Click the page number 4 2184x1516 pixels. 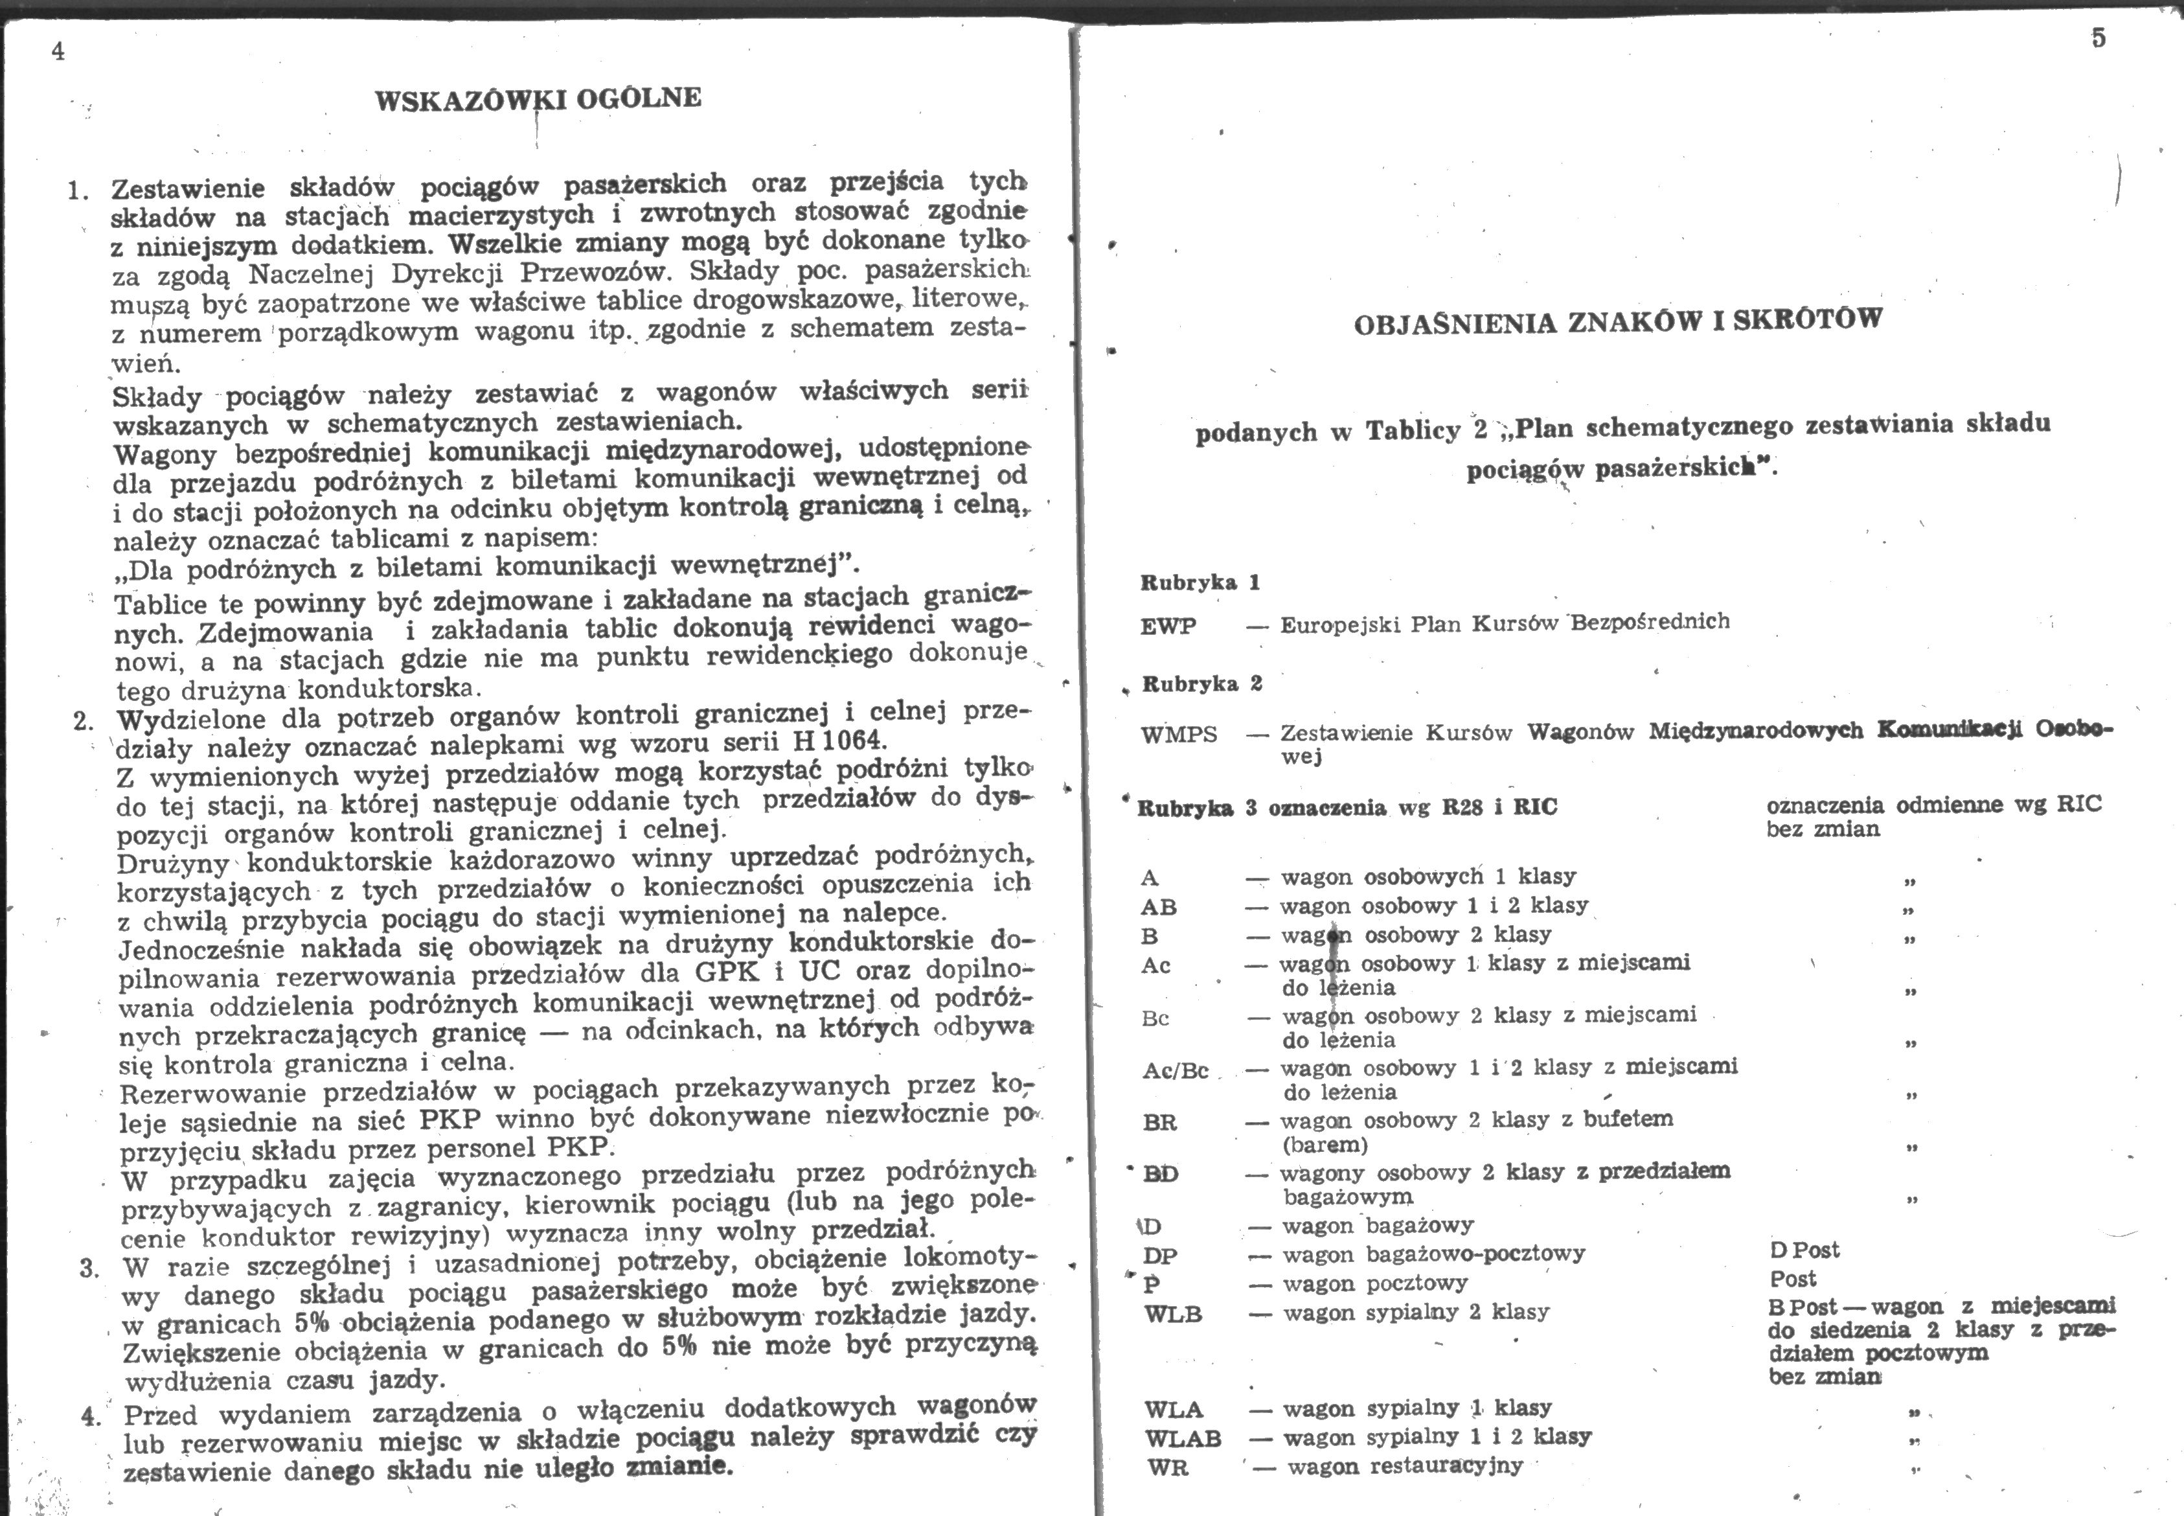coord(58,52)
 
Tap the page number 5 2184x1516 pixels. coord(2098,38)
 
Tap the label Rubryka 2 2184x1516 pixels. coord(1201,685)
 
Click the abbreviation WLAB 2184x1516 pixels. coord(1182,1439)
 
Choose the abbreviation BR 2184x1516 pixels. coord(1159,1123)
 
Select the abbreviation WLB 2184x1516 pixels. coord(1174,1315)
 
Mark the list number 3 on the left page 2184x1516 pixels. coord(89,1269)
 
